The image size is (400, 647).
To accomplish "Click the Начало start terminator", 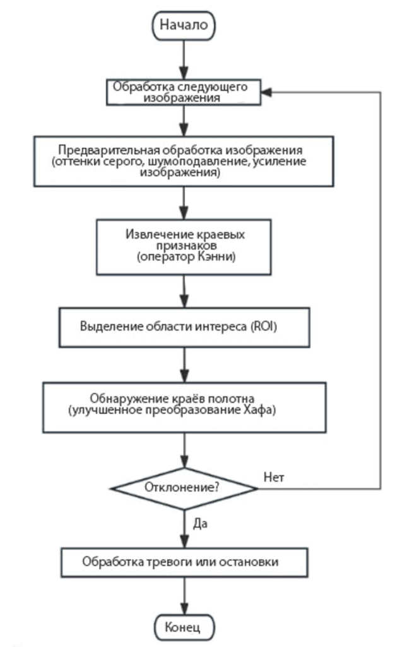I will (x=183, y=25).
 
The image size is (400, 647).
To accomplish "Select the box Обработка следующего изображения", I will (x=183, y=92).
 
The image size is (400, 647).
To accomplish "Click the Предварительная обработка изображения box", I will (x=183, y=162).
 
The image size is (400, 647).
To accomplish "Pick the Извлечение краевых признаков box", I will (x=183, y=246).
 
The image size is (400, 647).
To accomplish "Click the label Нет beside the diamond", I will (x=274, y=477).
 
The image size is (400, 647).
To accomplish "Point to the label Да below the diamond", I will (x=199, y=524).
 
